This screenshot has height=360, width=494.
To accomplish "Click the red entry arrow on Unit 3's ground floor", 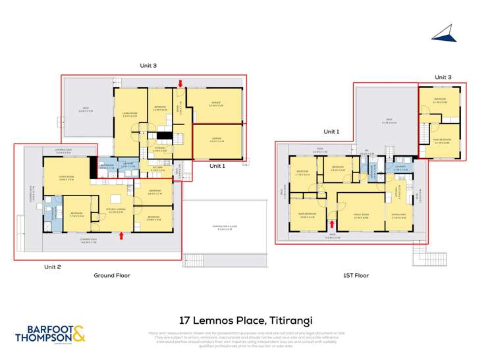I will tap(180, 83).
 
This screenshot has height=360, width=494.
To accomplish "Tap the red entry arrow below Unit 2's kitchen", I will tap(121, 236).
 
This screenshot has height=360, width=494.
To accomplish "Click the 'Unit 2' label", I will tap(53, 267).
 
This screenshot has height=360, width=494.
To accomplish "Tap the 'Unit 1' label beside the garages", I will tap(217, 166).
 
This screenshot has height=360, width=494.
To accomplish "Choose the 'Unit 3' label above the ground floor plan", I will tap(148, 65).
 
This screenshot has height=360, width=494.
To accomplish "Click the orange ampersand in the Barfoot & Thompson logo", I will tap(77, 334).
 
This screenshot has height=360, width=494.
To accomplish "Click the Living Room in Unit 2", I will tap(66, 178).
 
